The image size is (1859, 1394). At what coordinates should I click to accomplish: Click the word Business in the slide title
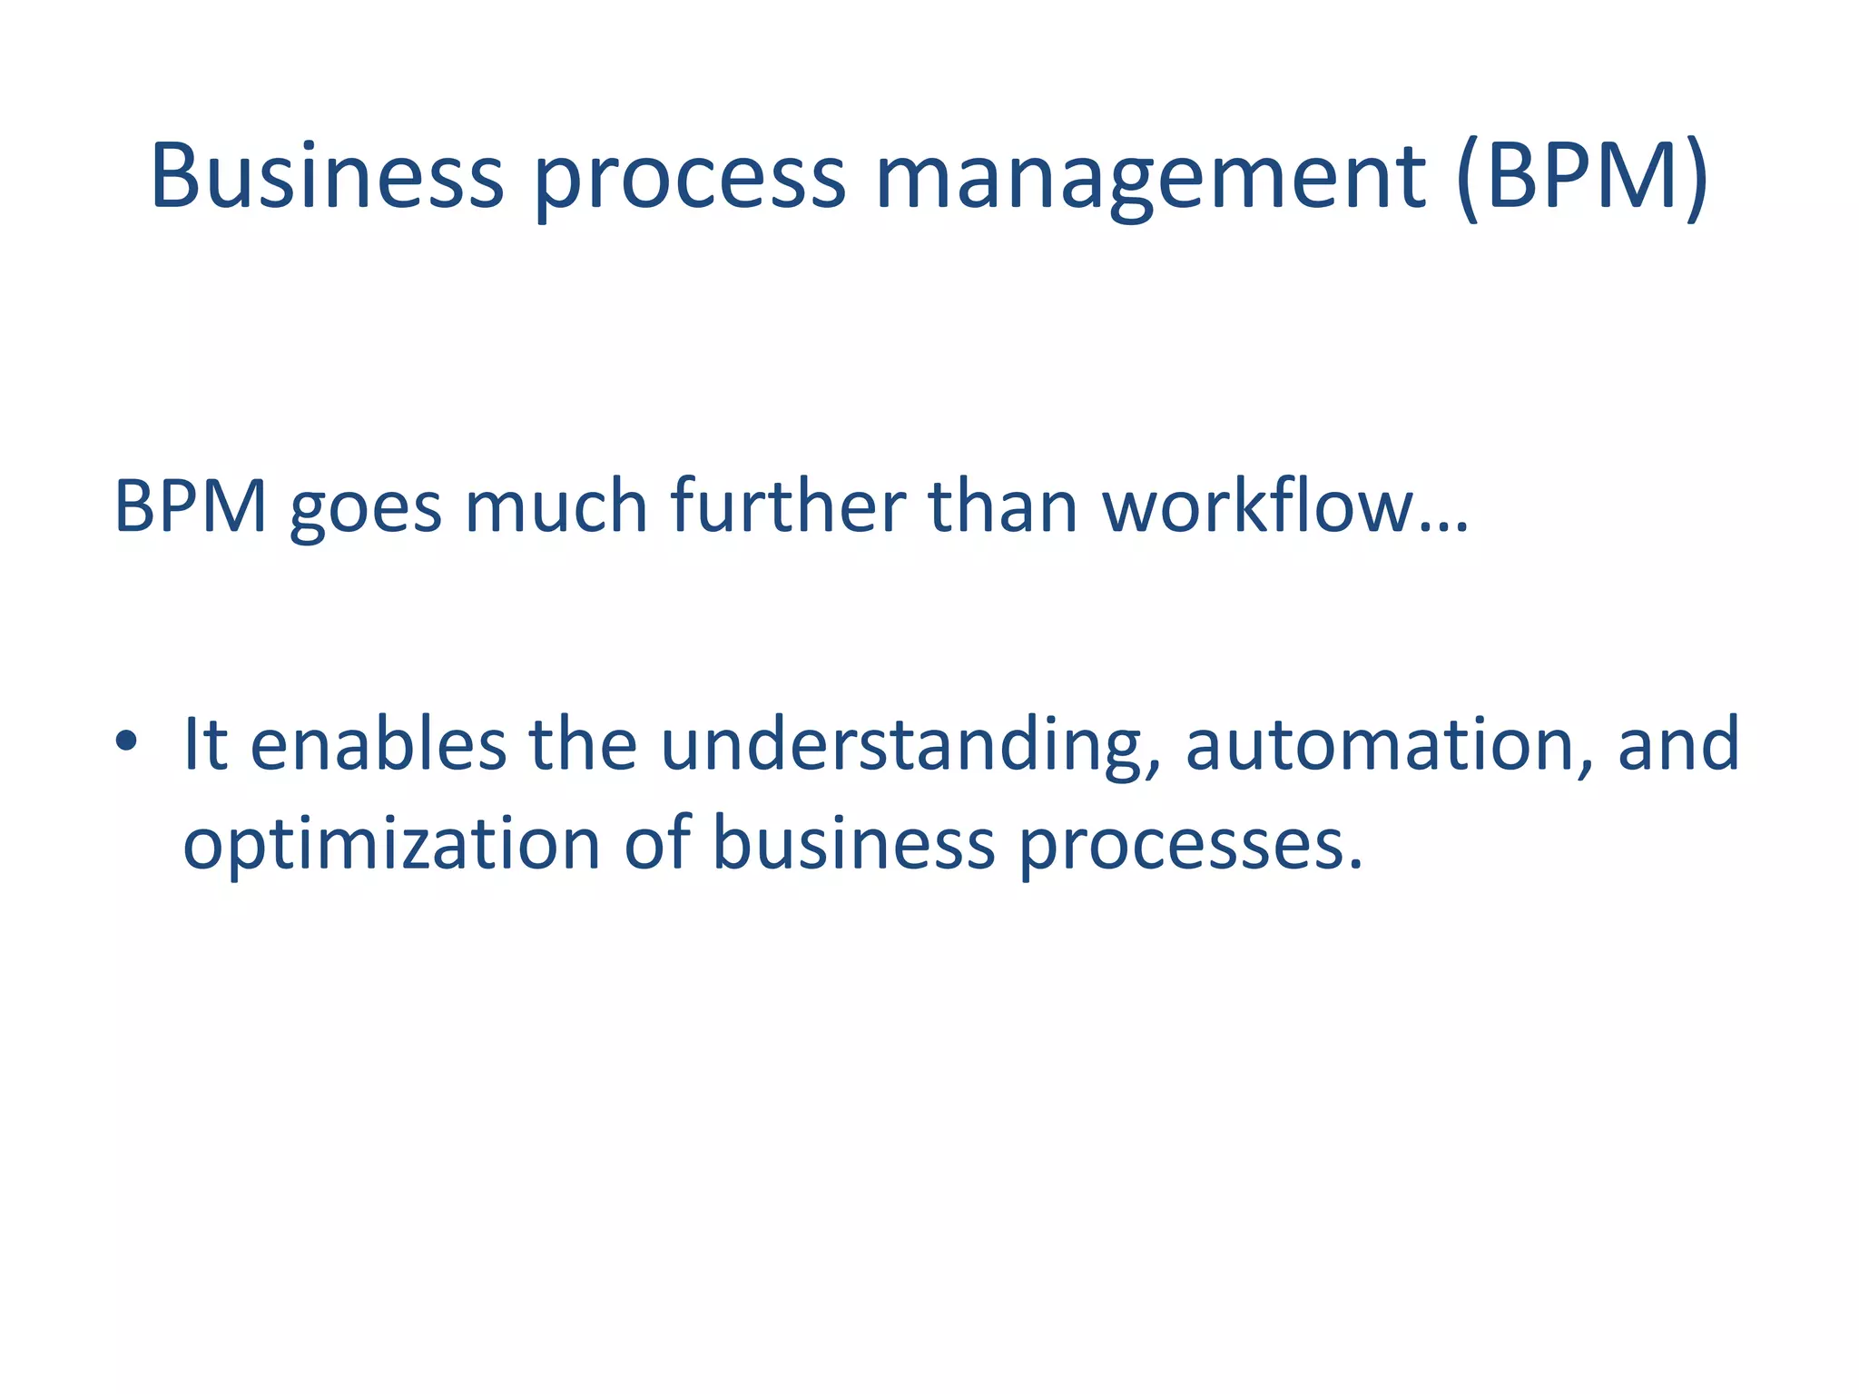[327, 176]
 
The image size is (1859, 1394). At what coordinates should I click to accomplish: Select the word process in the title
[690, 180]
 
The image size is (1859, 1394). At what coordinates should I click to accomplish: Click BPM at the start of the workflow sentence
[191, 506]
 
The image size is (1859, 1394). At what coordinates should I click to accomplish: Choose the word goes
[366, 510]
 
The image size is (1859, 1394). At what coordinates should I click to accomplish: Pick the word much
[556, 506]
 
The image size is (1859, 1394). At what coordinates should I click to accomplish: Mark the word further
[788, 506]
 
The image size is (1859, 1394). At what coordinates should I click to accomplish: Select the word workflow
[1257, 506]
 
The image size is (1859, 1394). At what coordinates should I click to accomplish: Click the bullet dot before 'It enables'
[126, 742]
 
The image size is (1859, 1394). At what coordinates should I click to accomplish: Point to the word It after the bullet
[204, 744]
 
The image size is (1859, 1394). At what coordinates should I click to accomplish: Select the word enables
[378, 744]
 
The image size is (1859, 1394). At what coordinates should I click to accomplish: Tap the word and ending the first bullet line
[1678, 744]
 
